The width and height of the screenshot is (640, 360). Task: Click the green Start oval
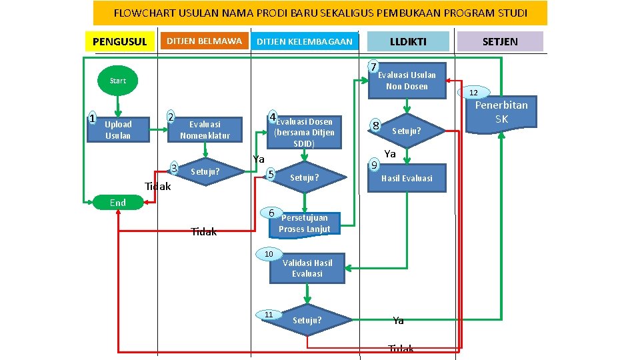pos(117,81)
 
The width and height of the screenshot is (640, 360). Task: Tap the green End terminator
pos(118,203)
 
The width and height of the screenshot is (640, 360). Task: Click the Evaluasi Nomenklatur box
pos(205,130)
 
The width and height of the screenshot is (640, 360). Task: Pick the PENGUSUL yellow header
pos(119,42)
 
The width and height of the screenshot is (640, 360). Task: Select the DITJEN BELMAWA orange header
pos(204,41)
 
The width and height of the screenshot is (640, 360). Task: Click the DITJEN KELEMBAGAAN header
pos(305,41)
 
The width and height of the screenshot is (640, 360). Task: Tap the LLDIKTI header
pos(408,41)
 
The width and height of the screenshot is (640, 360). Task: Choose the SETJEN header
pos(499,41)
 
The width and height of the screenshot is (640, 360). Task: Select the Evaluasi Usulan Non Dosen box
pos(407,81)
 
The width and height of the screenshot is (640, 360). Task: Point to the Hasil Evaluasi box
pos(407,178)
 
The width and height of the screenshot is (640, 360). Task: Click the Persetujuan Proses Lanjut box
pos(305,223)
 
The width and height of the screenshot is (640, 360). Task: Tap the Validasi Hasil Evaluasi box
pos(307,268)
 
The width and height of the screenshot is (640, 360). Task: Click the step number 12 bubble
pos(473,93)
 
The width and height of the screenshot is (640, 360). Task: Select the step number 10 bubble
pos(269,254)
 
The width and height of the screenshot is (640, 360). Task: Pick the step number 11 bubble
pos(269,314)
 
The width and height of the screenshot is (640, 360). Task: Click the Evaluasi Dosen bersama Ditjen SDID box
pos(304,132)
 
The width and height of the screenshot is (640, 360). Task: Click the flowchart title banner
pos(320,13)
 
